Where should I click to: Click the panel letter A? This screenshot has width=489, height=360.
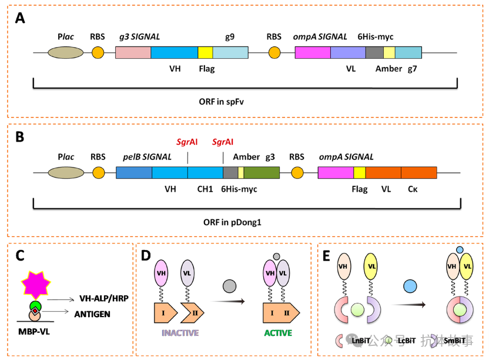tap(21, 18)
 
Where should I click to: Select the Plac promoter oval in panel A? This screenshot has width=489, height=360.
tap(65, 52)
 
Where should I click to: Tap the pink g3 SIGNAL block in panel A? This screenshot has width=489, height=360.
tap(133, 52)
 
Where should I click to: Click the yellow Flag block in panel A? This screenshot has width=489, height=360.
tap(205, 52)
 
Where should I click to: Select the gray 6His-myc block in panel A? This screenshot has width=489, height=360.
tap(374, 52)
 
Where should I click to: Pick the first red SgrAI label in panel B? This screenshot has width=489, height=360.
tap(187, 142)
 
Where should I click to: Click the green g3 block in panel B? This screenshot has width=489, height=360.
tap(262, 172)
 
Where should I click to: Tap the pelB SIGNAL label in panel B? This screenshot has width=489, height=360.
tap(148, 157)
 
